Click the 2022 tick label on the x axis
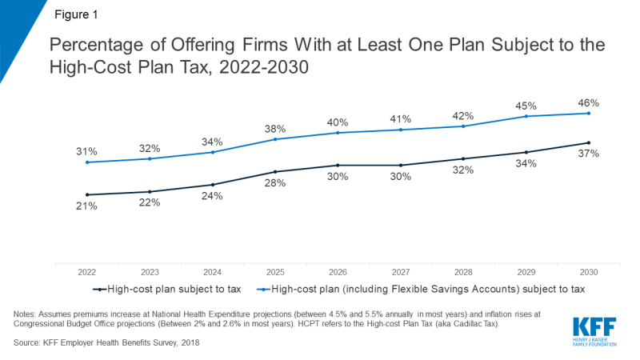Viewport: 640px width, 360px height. pyautogui.click(x=86, y=272)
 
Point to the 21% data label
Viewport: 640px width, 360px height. pyautogui.click(x=86, y=206)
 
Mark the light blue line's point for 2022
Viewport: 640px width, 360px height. pyautogui.click(x=86, y=162)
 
